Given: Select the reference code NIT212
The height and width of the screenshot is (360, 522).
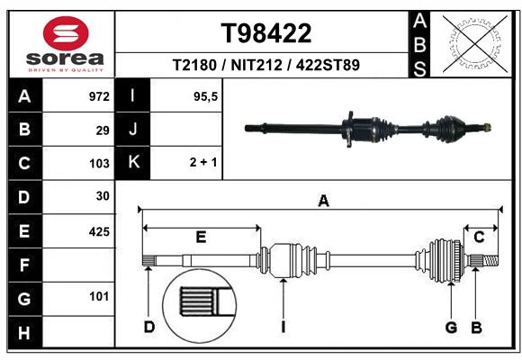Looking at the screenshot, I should pos(266,65).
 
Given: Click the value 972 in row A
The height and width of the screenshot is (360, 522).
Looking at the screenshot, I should pos(98,96).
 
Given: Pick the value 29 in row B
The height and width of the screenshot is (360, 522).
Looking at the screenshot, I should pos(103,130).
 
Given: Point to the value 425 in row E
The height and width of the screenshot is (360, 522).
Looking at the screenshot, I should pos(98,231).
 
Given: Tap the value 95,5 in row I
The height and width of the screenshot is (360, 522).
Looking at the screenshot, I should pos(207,96).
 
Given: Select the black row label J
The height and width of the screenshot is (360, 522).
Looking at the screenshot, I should pos(133,130).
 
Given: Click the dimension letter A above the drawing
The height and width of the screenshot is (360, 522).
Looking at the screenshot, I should pos(323,202).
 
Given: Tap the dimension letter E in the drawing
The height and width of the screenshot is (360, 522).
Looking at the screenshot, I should pos(201,237).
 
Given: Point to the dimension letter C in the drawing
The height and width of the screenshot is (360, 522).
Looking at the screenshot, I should pos(480,237).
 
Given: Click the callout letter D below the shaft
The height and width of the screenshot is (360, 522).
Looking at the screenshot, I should pos(149,326).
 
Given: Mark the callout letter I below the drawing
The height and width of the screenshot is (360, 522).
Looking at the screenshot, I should pos(283,326).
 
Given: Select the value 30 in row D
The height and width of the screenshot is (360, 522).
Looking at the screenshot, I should pos(102,197).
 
